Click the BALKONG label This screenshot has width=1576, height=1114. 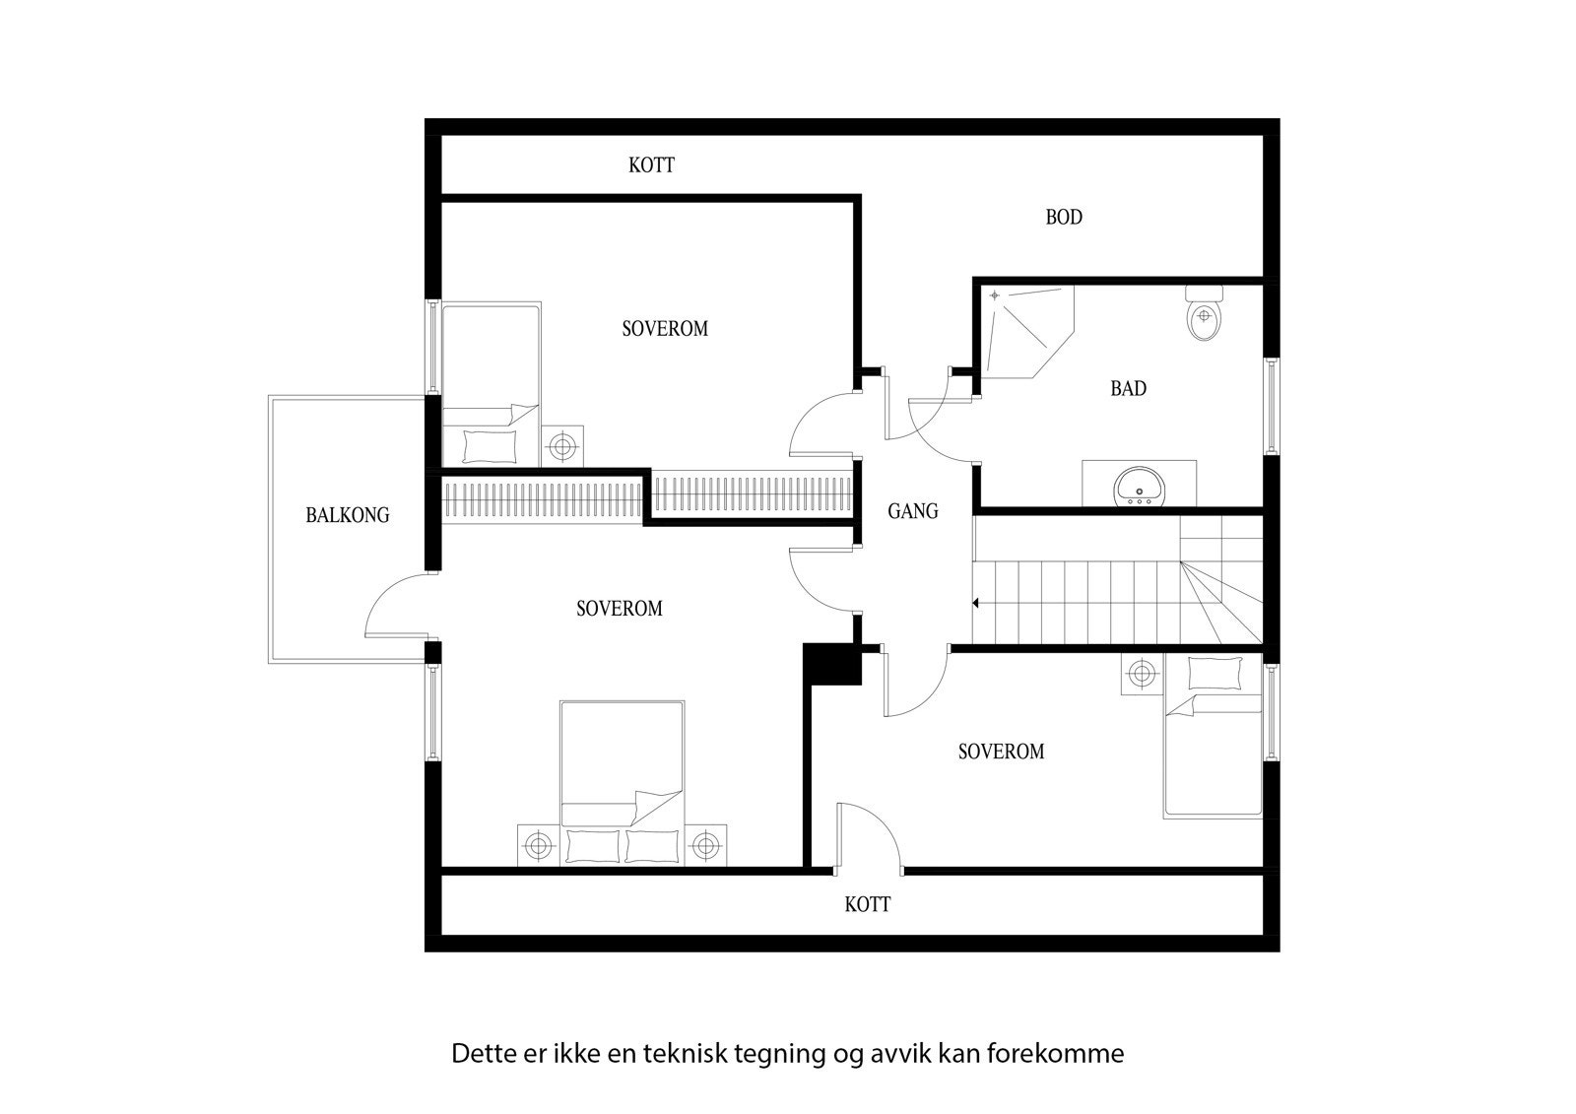347,515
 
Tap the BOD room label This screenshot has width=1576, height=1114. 1064,218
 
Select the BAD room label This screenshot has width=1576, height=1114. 1128,389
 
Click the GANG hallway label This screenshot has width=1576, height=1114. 913,511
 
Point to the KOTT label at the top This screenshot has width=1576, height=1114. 651,165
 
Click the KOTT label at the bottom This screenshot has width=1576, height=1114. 868,904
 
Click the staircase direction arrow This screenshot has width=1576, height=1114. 975,602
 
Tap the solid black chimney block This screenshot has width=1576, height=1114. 832,663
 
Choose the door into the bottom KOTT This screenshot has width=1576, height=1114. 869,837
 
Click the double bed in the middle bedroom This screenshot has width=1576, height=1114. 622,778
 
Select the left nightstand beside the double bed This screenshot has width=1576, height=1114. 538,844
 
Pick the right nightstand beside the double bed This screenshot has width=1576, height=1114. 705,844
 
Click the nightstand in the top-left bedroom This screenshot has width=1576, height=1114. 561,446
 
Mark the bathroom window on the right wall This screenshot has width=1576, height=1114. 1271,405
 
